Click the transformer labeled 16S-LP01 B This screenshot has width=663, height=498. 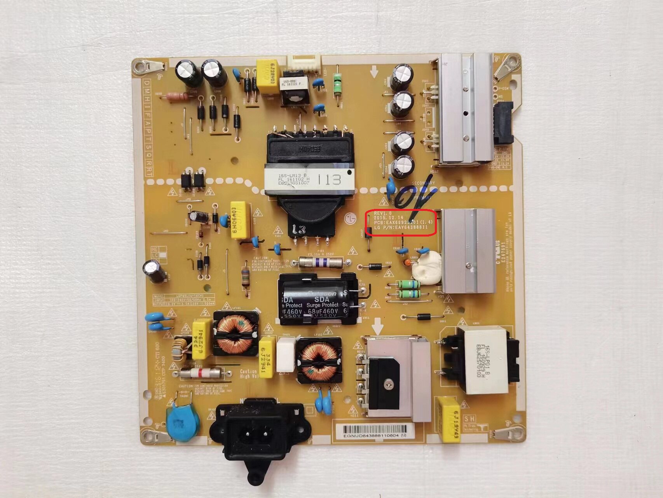click(x=488, y=361)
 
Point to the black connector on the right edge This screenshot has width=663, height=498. click(x=504, y=124)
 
